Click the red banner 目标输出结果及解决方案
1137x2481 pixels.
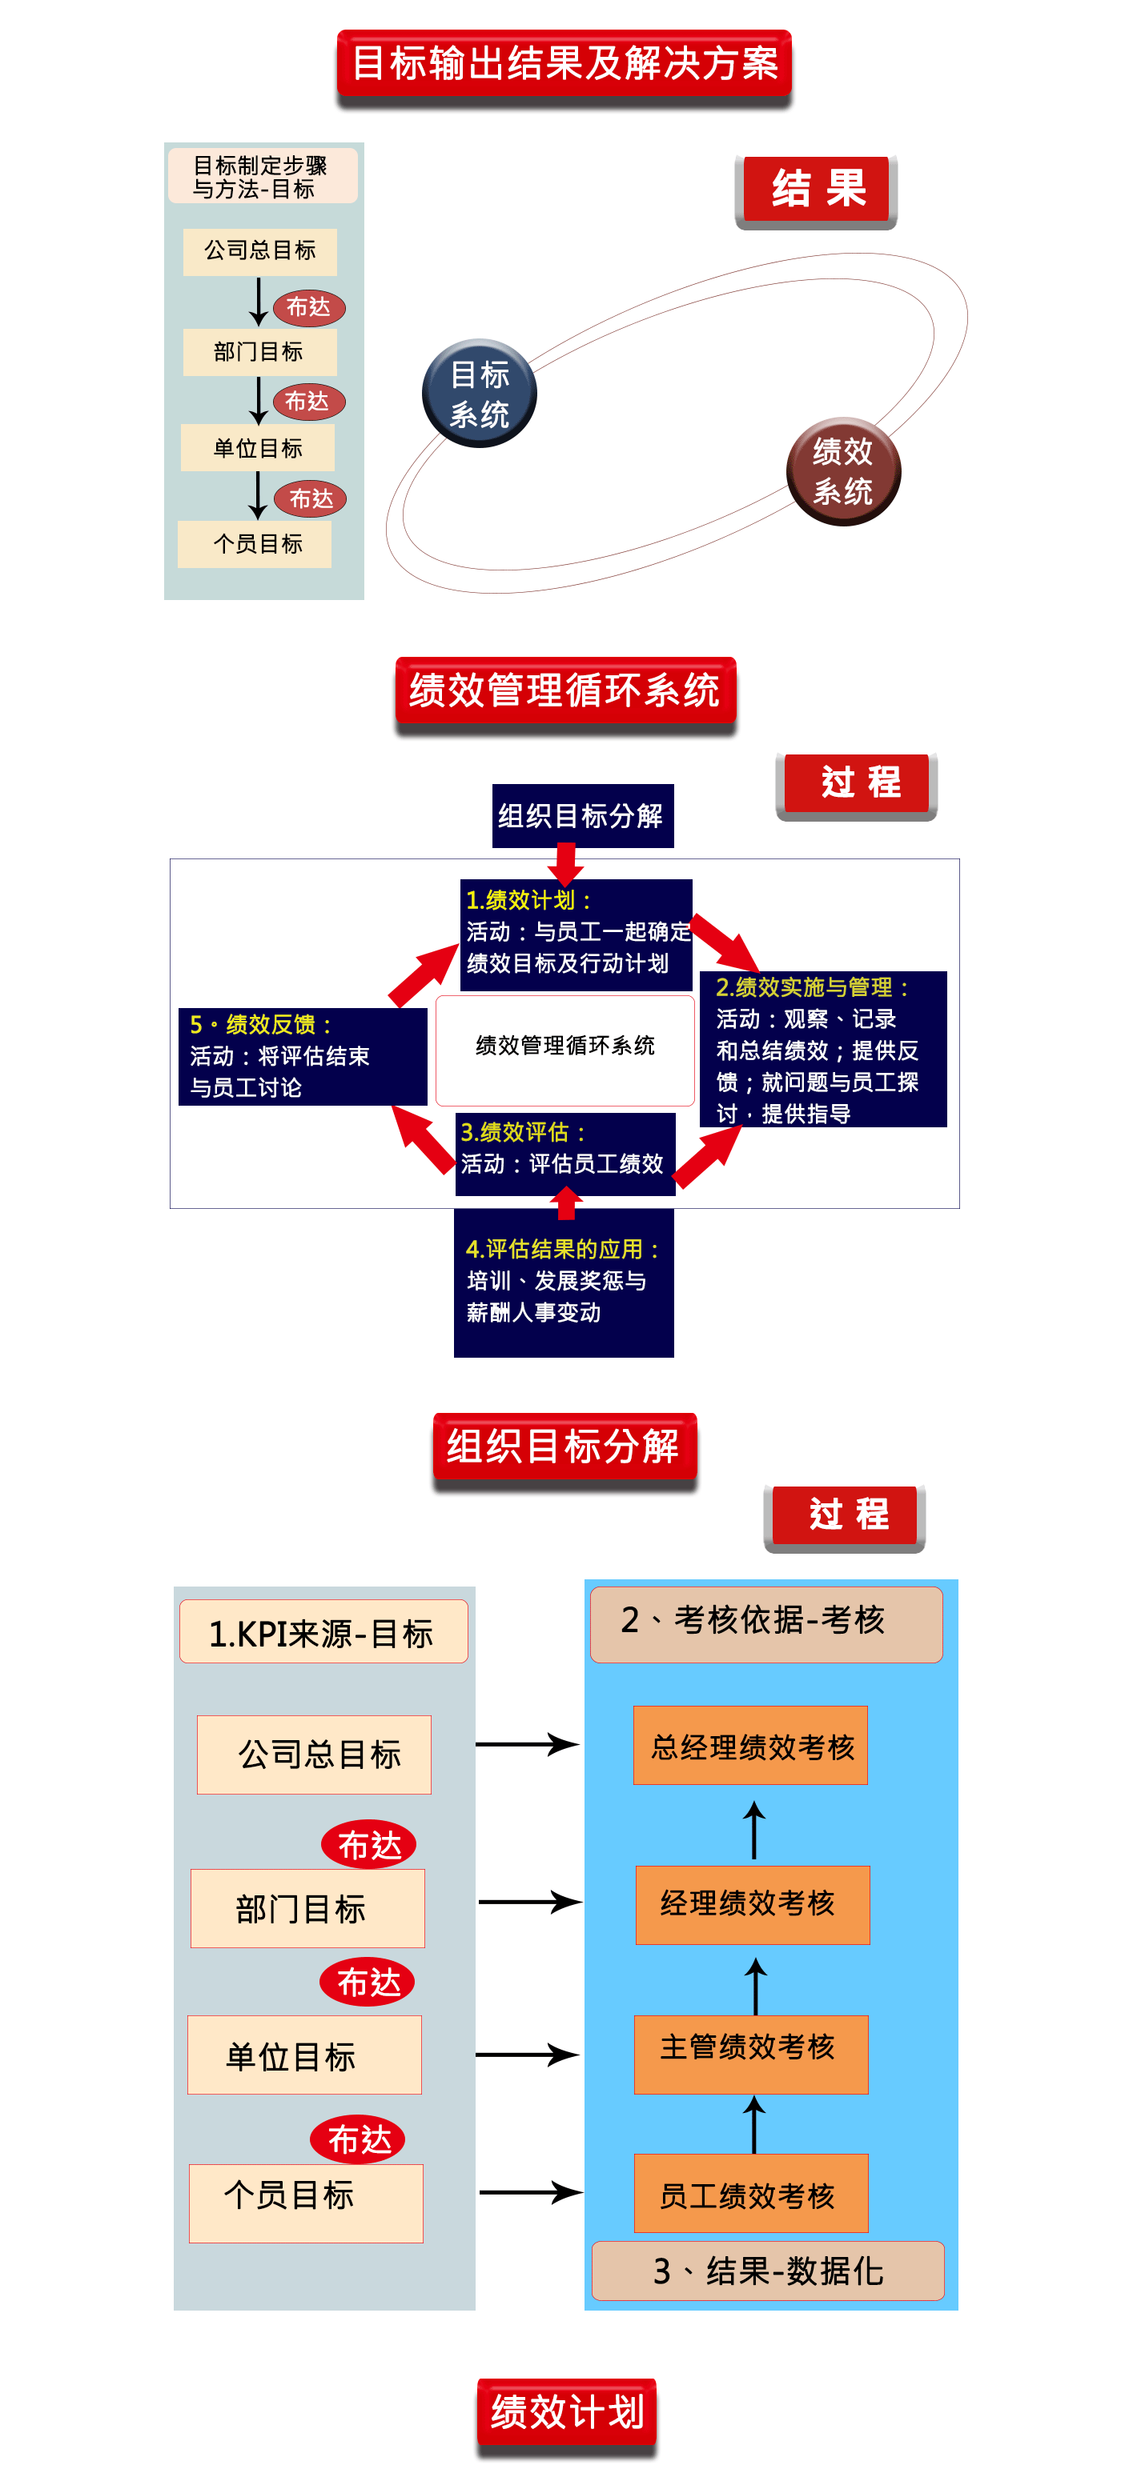(564, 63)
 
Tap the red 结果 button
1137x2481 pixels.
(816, 189)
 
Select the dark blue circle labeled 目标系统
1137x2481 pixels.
(479, 393)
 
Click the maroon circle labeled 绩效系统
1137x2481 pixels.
(843, 471)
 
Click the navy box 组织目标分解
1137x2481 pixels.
(582, 816)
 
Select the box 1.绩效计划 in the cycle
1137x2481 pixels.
(575, 933)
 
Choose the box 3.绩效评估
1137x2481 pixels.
(564, 1152)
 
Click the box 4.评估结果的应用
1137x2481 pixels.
(564, 1282)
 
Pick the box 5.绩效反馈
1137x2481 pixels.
(303, 1055)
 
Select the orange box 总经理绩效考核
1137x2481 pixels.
(750, 1745)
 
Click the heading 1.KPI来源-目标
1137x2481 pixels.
(323, 1631)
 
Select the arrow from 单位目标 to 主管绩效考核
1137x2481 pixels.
(527, 2055)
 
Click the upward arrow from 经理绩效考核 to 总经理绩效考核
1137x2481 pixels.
(754, 1829)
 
